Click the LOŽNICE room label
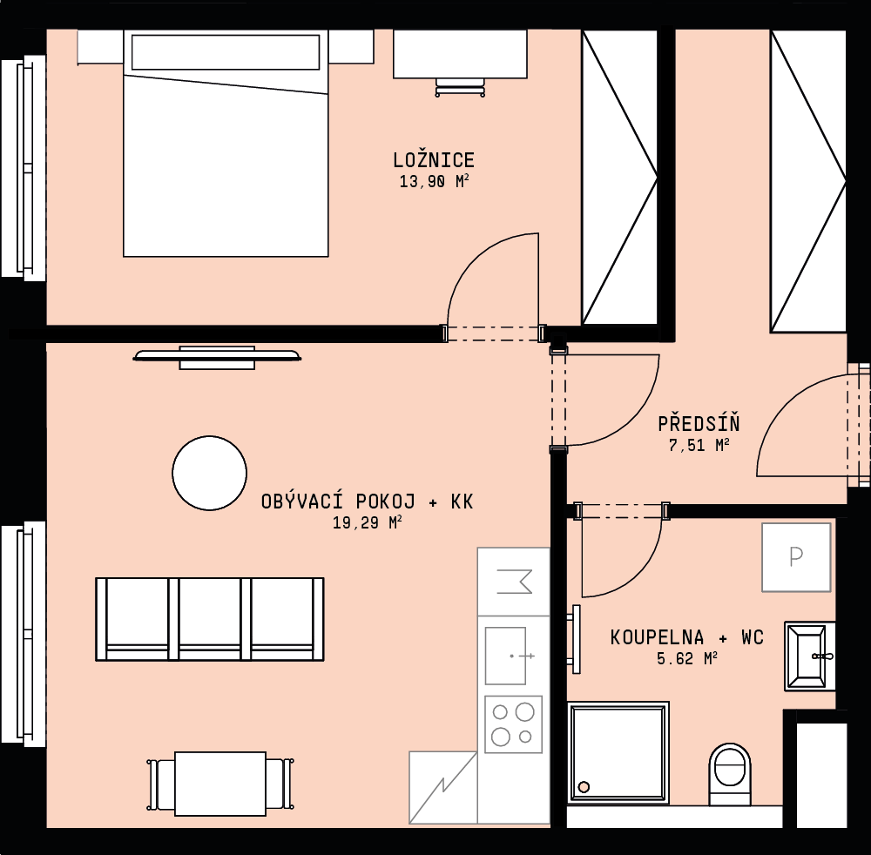pyautogui.click(x=434, y=160)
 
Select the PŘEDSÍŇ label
pyautogui.click(x=699, y=423)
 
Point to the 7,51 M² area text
pyautogui.click(x=699, y=445)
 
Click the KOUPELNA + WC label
pyautogui.click(x=687, y=636)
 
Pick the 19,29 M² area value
pyautogui.click(x=368, y=522)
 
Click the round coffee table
pyautogui.click(x=209, y=473)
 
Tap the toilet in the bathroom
pyautogui.click(x=729, y=774)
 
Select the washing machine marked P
pyautogui.click(x=796, y=557)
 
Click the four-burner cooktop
pyautogui.click(x=513, y=724)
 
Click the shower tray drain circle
pyautogui.click(x=584, y=787)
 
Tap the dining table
pyautogui.click(x=220, y=784)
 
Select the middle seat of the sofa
pyautogui.click(x=210, y=619)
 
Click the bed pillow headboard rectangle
pyautogui.click(x=226, y=52)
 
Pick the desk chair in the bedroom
pyautogui.click(x=460, y=88)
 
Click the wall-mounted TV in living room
pyautogui.click(x=217, y=357)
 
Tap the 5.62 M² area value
pyautogui.click(x=687, y=658)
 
